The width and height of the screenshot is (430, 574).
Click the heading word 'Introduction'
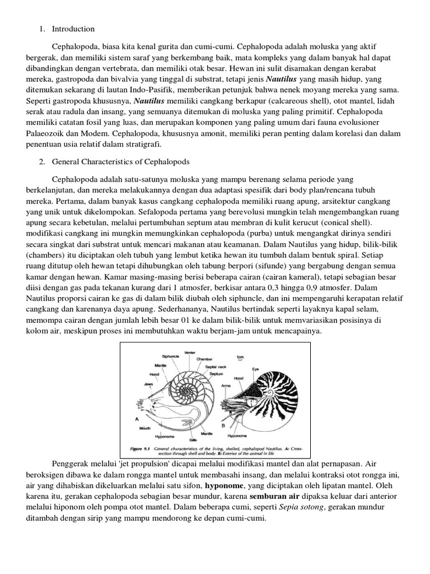click(x=73, y=29)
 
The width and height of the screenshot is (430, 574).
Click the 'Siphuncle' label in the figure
click(x=170, y=355)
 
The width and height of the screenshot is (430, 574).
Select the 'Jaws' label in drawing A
click(x=148, y=384)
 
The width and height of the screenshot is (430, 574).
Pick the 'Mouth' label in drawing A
click(x=143, y=427)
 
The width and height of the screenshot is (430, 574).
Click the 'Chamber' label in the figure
click(x=204, y=359)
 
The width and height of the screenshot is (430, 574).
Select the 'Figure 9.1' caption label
click(x=143, y=449)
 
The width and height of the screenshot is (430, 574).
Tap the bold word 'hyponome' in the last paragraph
click(x=224, y=485)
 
